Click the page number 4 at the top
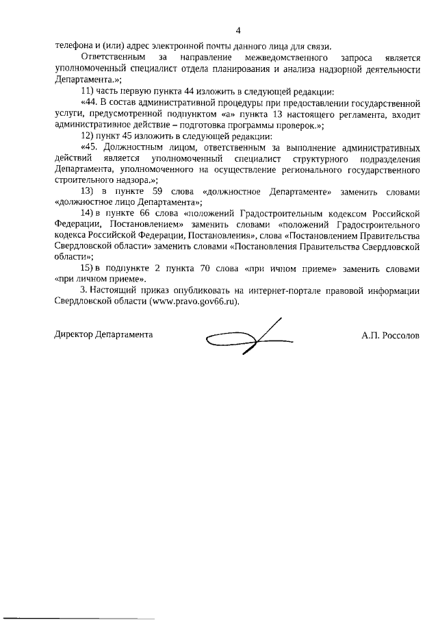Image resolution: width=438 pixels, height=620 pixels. click(x=238, y=30)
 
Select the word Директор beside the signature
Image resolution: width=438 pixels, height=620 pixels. click(x=72, y=335)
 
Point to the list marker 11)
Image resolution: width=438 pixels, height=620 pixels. click(x=88, y=91)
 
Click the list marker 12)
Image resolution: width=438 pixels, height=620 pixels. click(x=88, y=135)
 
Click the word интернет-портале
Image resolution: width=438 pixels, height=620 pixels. click(x=248, y=290)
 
